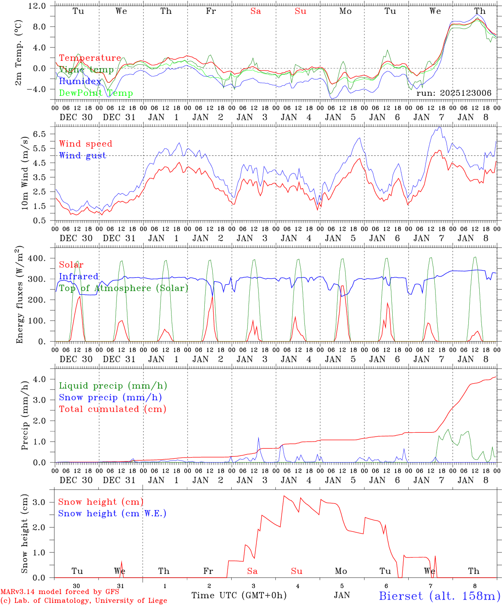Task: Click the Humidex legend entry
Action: point(80,82)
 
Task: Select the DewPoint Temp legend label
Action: point(96,93)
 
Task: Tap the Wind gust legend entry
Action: point(82,155)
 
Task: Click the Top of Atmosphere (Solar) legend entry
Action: point(124,288)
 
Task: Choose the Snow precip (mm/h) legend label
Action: point(111,397)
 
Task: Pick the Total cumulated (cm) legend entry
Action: point(113,409)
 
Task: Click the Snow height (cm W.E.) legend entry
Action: point(112,513)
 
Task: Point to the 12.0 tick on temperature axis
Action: point(42,6)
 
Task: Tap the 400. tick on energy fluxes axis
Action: point(42,258)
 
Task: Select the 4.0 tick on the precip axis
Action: point(44,379)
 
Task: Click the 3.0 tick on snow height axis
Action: point(44,502)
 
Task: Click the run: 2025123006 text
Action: point(454,93)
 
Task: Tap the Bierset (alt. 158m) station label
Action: point(439,596)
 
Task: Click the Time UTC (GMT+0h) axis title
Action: point(239,595)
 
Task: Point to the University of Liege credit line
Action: point(84,601)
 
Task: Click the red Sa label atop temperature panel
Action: point(256,11)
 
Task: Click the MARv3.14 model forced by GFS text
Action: point(60,592)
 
